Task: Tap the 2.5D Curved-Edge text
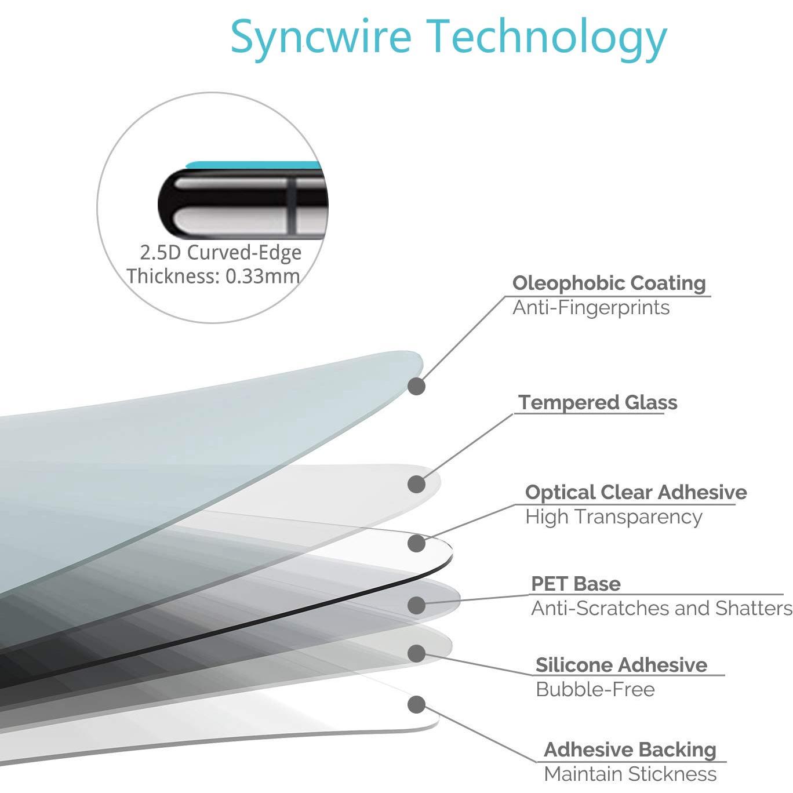coord(221,253)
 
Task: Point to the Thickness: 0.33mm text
coord(213,276)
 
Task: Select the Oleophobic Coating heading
coord(609,283)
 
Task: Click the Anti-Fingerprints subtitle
coord(591,307)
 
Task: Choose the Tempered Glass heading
coord(598,402)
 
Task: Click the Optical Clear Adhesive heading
coord(636,492)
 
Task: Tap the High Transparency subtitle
coord(613,517)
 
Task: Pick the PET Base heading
coord(576,584)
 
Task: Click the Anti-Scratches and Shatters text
coord(661,608)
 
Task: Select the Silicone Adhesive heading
coord(621,665)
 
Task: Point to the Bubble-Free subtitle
coord(595,690)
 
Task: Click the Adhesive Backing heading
coord(630,750)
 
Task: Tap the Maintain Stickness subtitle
coord(630,774)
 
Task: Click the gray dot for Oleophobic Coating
coord(416,386)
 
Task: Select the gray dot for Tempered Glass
coord(416,484)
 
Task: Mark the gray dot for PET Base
coord(416,606)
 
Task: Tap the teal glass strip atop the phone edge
coord(253,165)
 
